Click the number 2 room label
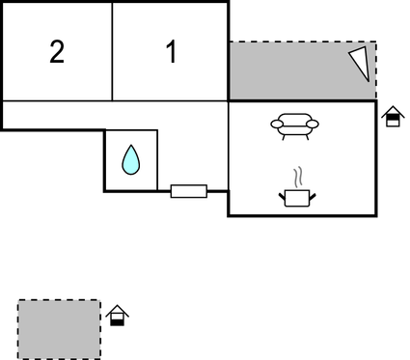click(57, 52)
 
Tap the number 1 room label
click(172, 52)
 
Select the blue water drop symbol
click(130, 159)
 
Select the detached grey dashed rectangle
click(59, 329)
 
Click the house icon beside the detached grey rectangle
click(118, 315)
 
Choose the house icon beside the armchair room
click(392, 117)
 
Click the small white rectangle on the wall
click(188, 191)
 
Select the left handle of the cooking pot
click(282, 195)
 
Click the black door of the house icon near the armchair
click(392, 122)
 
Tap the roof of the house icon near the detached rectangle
click(118, 309)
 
